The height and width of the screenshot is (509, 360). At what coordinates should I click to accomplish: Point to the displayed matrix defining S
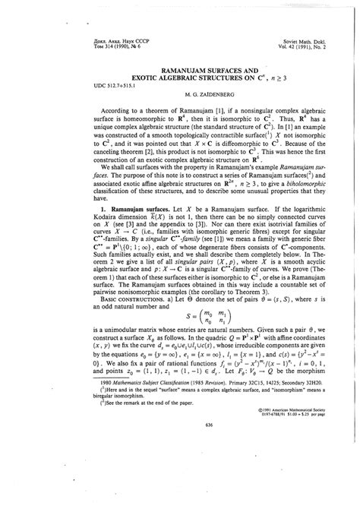coord(180,338)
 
